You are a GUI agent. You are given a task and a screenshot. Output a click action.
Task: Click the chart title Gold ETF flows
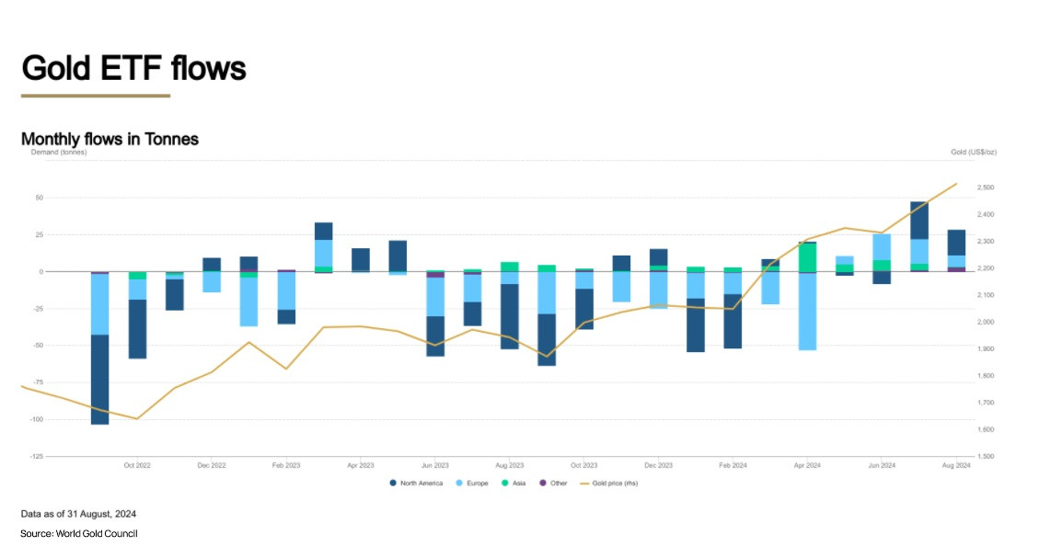point(133,68)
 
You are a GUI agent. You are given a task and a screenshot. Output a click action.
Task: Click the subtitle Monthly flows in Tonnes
point(110,139)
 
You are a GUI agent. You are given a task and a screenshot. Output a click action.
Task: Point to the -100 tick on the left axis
point(36,420)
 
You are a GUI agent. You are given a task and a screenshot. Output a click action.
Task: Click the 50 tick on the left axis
point(40,198)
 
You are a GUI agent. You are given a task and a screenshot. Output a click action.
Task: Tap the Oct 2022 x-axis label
point(137,466)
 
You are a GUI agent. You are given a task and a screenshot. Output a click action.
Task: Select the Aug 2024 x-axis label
point(957,466)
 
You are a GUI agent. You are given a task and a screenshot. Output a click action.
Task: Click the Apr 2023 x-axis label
point(361,466)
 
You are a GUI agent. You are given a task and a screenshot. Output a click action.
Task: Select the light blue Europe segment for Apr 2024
point(807,312)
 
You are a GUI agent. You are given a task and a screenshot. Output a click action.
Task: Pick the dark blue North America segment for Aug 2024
point(956,243)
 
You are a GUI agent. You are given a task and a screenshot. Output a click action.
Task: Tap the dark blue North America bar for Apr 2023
point(361,260)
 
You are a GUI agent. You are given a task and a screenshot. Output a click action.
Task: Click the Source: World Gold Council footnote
point(79,533)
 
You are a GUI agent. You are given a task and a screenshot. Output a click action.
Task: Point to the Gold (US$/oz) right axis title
point(974,151)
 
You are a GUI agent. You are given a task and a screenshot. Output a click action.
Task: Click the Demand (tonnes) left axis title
point(54,152)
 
